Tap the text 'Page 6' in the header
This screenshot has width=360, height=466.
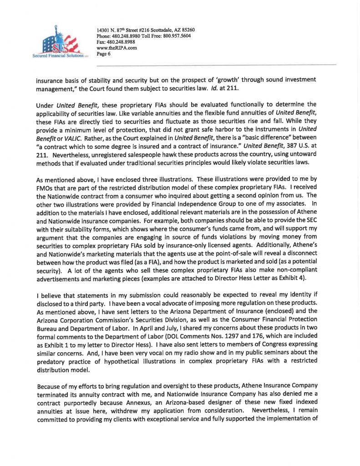pos(104,54)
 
